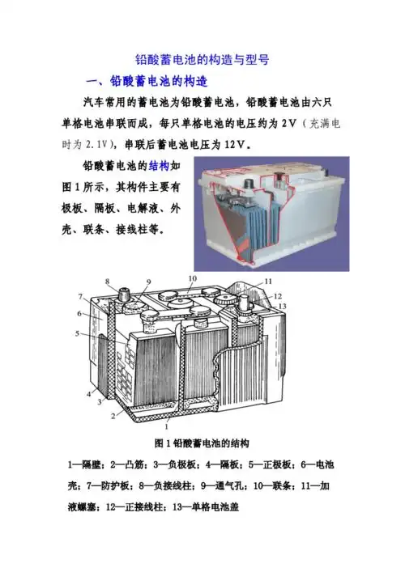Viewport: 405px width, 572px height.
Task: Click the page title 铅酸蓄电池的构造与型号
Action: tap(202, 60)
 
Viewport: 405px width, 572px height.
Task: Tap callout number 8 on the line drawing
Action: tap(107, 282)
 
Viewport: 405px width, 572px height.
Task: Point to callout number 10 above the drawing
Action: tap(192, 279)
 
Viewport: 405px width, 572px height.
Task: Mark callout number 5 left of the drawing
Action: tap(77, 333)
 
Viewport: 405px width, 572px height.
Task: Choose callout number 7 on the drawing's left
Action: tap(81, 296)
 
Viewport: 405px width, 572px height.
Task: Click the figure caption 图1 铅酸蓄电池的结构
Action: tap(202, 443)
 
